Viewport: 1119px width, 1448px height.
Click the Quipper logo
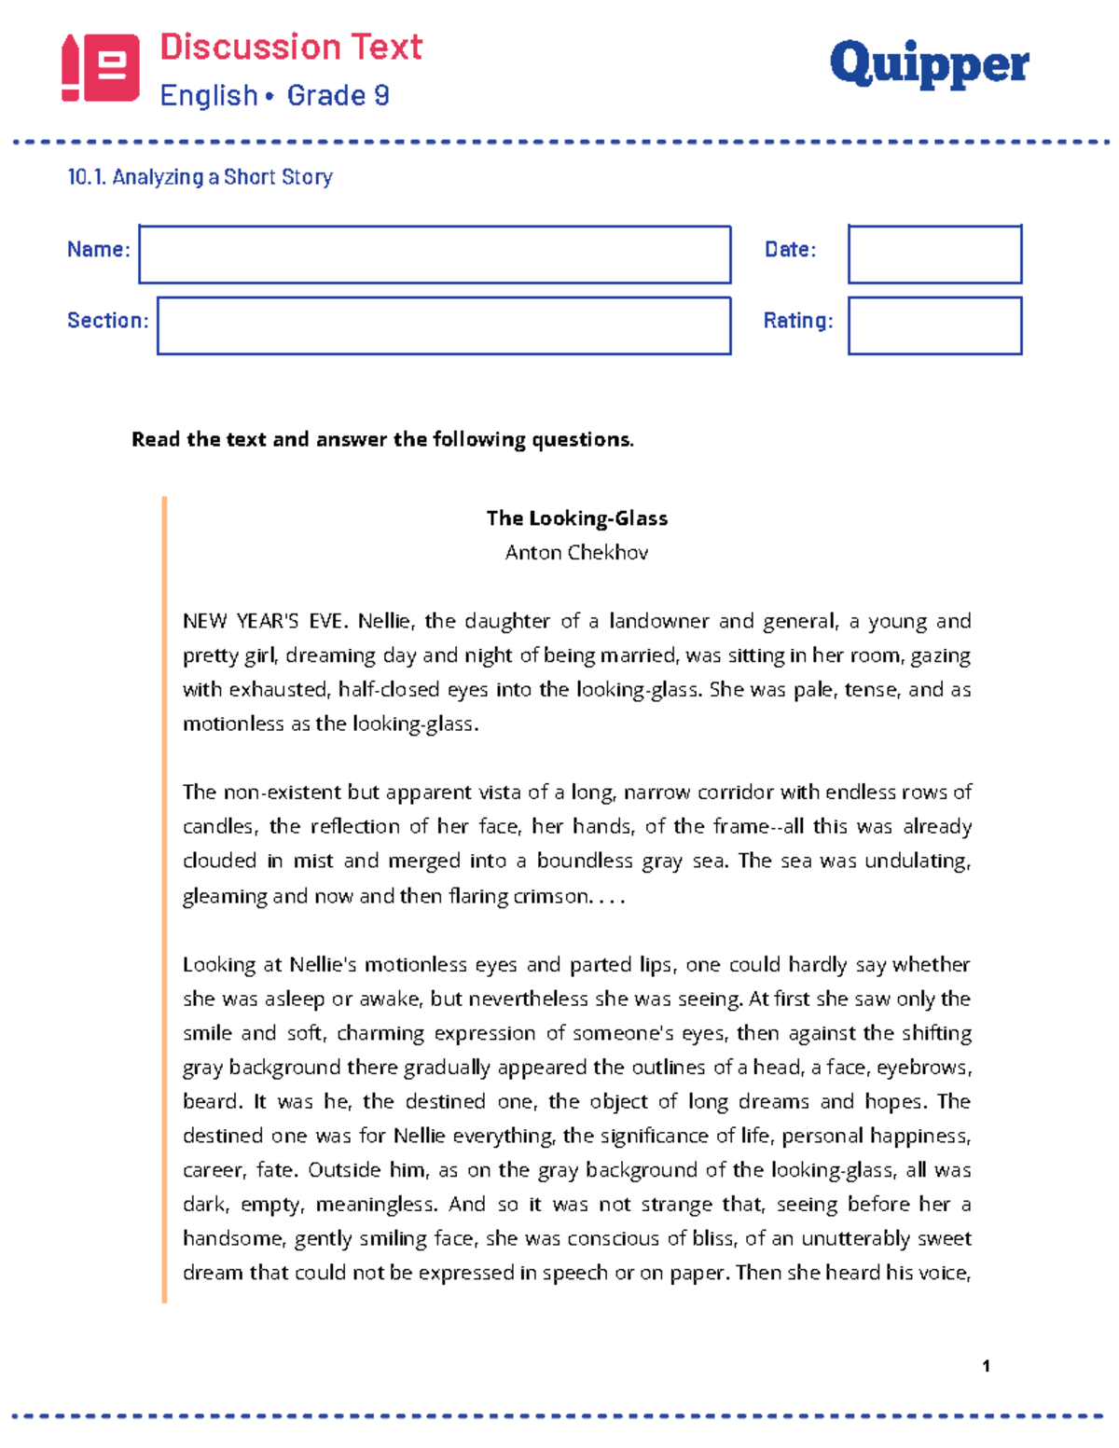929,65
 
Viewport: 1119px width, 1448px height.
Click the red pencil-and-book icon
101,67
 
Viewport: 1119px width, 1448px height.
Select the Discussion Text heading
291,47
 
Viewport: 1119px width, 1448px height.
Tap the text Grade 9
338,95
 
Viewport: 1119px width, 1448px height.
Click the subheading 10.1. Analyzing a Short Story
200,177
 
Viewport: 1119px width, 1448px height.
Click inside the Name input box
435,254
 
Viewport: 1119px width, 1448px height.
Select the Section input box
444,325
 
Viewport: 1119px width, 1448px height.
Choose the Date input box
934,254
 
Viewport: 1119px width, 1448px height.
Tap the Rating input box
934,325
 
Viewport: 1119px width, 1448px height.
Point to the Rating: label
798,321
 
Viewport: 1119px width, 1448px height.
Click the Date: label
790,250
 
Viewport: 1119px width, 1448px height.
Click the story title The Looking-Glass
576,518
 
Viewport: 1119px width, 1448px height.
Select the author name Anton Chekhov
576,553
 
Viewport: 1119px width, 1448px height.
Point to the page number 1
986,1366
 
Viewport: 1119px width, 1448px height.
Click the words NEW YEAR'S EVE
265,622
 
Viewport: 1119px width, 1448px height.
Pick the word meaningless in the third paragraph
376,1205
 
